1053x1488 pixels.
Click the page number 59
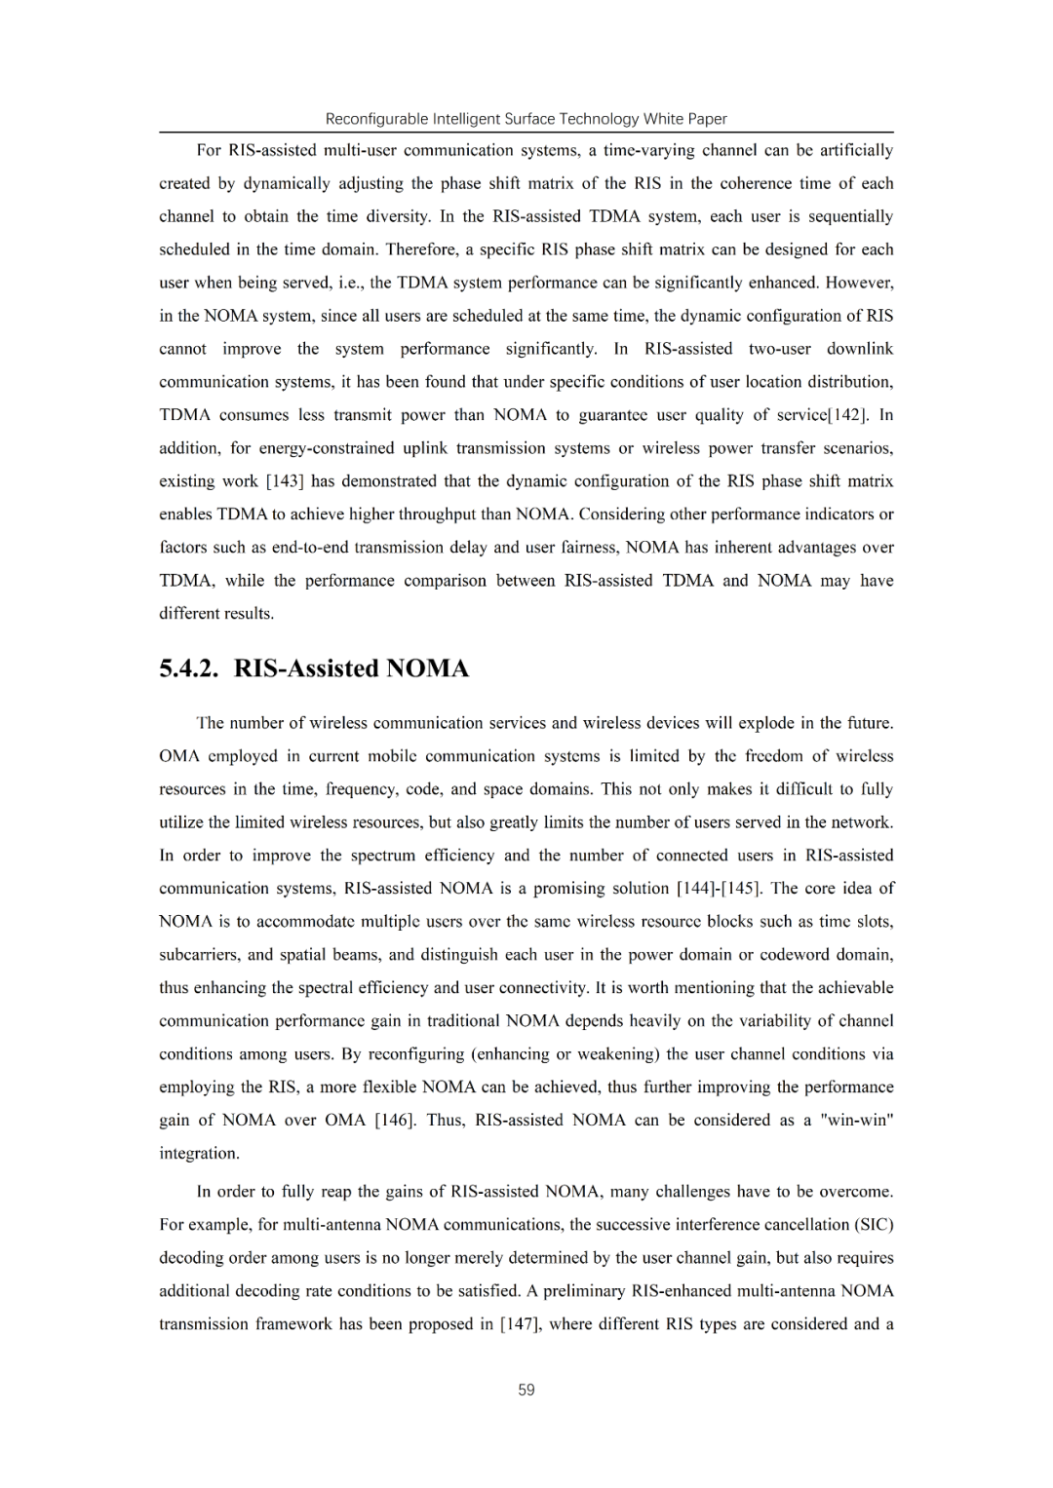(x=526, y=1390)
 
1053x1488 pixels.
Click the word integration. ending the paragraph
(x=199, y=1153)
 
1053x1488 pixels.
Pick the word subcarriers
(x=199, y=954)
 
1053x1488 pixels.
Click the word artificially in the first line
(x=856, y=150)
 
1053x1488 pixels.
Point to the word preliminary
(x=583, y=1290)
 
